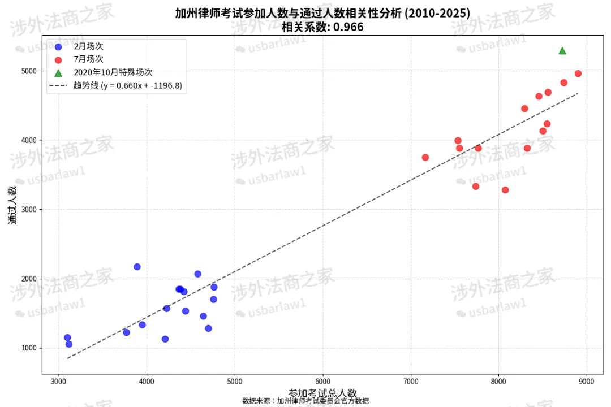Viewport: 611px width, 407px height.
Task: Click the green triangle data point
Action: [x=562, y=51]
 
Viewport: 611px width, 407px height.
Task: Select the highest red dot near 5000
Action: [x=578, y=73]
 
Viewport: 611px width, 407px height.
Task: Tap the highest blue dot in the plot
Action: [x=137, y=267]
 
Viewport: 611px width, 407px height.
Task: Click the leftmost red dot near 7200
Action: [x=425, y=158]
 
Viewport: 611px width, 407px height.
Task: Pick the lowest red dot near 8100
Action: [x=505, y=190]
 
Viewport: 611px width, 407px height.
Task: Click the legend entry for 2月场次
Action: [x=88, y=46]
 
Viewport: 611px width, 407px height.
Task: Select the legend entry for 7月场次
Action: [x=88, y=59]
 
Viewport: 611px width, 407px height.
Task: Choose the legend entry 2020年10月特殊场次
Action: [x=113, y=72]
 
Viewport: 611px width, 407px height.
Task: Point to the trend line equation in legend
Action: [x=127, y=86]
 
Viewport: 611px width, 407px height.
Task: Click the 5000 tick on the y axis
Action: [x=28, y=71]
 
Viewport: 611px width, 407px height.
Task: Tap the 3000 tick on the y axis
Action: [x=28, y=210]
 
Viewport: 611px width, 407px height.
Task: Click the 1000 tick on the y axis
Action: [x=28, y=348]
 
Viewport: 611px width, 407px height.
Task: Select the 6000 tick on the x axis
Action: [x=322, y=381]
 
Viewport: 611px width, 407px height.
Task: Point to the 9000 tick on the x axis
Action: [x=587, y=381]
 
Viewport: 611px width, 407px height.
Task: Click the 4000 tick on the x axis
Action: [x=147, y=381]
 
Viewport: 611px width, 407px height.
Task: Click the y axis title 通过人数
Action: [x=13, y=205]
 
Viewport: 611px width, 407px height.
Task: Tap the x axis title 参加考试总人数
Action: [x=322, y=393]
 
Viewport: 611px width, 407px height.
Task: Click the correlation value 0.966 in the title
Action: [x=348, y=27]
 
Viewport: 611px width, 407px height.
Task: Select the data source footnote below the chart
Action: [x=305, y=401]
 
